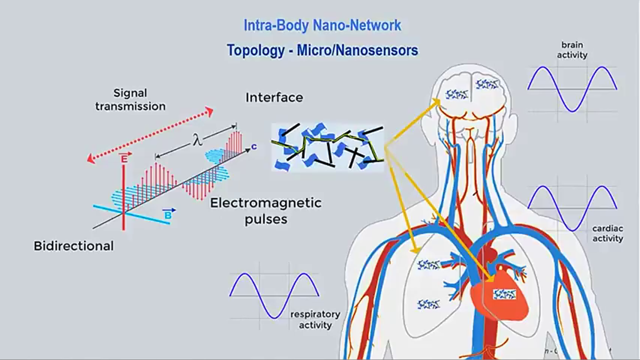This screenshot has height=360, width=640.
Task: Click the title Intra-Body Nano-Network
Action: [x=322, y=25]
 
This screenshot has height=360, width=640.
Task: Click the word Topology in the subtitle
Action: [x=254, y=50]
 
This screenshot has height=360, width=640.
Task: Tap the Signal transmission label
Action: [x=130, y=99]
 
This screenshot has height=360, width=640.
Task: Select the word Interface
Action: [x=274, y=97]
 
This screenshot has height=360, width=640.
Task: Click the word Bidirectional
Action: [x=73, y=246]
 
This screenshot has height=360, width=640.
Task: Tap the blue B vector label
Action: [x=168, y=214]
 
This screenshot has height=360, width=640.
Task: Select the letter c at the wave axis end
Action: [x=254, y=147]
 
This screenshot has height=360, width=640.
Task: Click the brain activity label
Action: [x=572, y=50]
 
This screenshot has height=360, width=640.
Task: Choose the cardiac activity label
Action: [x=607, y=233]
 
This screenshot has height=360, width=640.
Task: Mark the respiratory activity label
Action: [x=315, y=319]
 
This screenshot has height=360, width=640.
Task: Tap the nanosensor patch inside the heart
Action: [x=504, y=295]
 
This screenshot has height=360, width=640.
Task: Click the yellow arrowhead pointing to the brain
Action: [x=436, y=101]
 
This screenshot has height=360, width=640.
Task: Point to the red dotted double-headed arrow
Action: [x=150, y=135]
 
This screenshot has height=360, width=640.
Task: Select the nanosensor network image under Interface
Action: [x=327, y=146]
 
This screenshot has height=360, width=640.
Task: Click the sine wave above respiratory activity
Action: [x=274, y=295]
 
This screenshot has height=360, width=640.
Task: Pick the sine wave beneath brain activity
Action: [x=572, y=89]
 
